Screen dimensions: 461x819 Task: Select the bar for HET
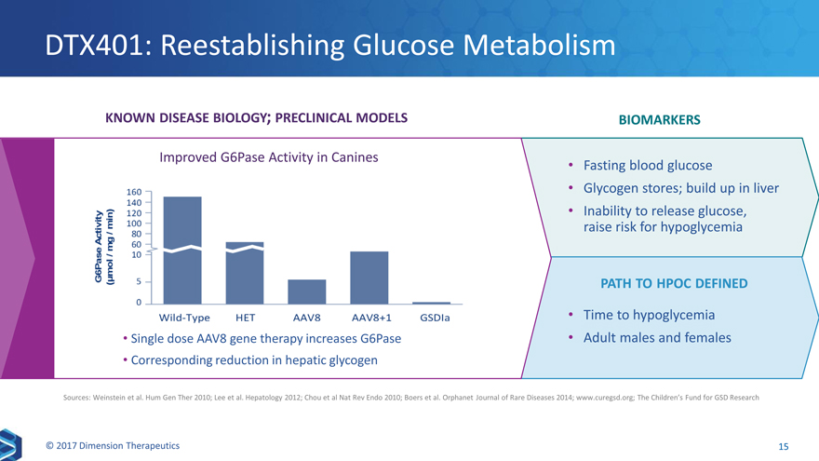tap(245, 275)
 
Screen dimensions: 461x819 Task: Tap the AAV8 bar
tap(307, 292)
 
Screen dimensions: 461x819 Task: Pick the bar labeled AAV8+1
tap(369, 278)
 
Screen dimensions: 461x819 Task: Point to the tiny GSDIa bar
tap(431, 303)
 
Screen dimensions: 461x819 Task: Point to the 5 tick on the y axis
tap(138, 281)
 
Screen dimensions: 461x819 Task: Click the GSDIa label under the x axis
tap(435, 318)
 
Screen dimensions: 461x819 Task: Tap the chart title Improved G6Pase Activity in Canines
tap(268, 157)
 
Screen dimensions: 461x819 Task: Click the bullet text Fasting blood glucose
tap(647, 166)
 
